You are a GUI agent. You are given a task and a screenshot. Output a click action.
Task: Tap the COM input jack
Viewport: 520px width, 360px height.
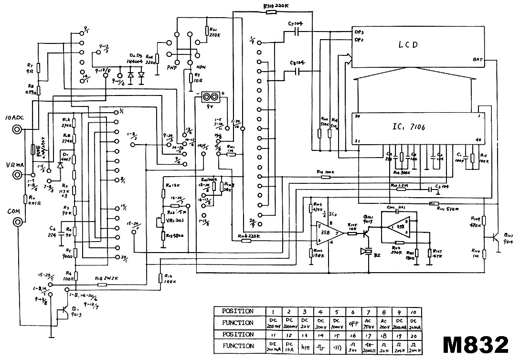tap(18, 222)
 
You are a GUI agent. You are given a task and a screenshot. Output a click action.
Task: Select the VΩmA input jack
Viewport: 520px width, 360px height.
tap(18, 175)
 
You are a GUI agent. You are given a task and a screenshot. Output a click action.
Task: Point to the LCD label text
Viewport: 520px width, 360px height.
tap(408, 45)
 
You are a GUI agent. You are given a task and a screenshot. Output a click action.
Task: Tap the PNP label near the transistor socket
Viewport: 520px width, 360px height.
tap(172, 68)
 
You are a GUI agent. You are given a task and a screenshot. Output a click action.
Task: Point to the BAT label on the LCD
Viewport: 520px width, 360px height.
tap(478, 60)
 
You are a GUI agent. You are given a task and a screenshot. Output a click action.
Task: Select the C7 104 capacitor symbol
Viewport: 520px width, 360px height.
tap(297, 32)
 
